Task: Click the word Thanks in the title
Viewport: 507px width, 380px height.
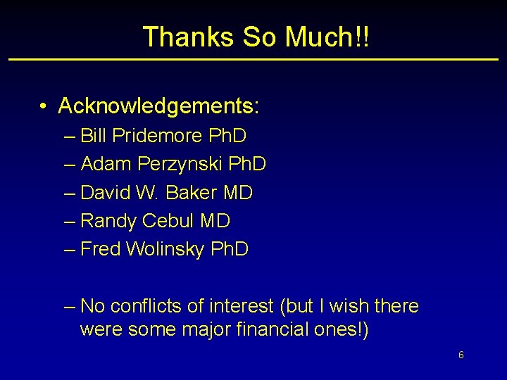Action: [180, 37]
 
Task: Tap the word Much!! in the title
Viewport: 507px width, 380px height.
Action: [326, 37]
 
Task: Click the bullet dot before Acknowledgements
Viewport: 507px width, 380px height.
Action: [44, 106]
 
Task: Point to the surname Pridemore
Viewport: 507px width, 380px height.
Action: [156, 135]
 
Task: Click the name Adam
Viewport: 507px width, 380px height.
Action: [106, 164]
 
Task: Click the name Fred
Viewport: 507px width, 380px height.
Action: [101, 249]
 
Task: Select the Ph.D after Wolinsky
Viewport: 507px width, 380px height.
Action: [230, 249]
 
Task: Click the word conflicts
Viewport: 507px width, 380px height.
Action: [143, 306]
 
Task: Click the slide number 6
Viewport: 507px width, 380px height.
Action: [461, 355]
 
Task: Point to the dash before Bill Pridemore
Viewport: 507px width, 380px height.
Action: [68, 135]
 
